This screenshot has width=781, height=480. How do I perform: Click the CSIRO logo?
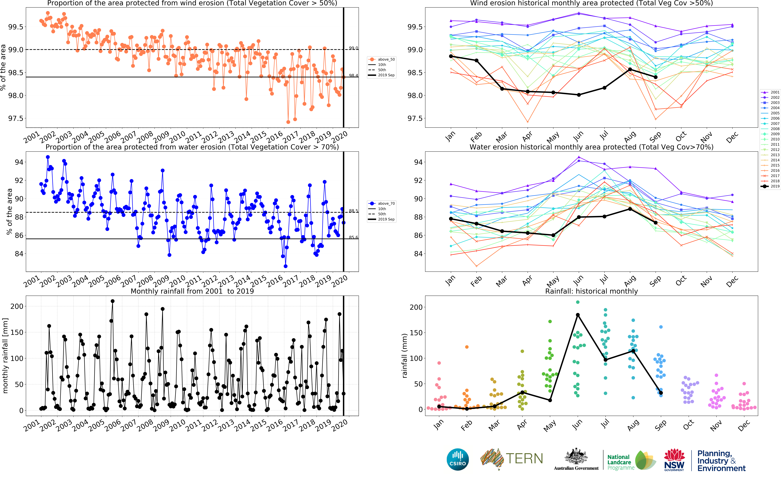[458, 459]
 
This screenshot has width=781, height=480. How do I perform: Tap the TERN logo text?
[524, 459]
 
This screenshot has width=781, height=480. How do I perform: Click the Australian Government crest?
[576, 456]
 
